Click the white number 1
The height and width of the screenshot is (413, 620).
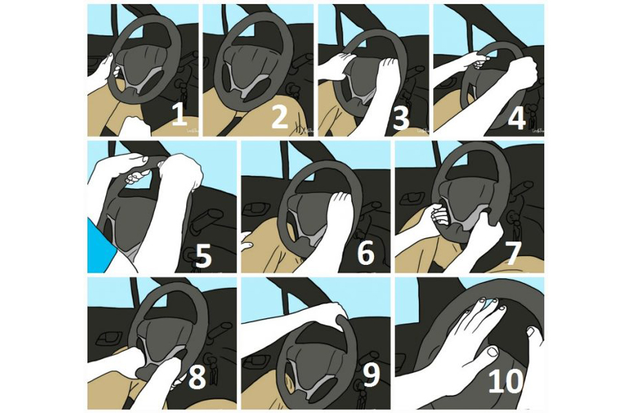[x=179, y=114]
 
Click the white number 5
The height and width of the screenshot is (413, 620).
[x=204, y=255]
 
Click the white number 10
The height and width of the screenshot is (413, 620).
[x=506, y=381]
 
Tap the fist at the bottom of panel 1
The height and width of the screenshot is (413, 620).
[x=134, y=126]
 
